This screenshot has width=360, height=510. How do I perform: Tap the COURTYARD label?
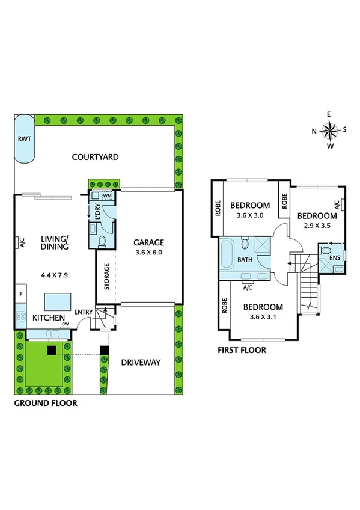pos(95,157)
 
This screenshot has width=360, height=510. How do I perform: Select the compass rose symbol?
pos(329,129)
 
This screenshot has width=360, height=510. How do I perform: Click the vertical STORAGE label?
pos(106,276)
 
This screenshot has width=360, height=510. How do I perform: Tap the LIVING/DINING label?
pos(55,242)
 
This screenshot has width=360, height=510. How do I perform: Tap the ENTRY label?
pos(83,312)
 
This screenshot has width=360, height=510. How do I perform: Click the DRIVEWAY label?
pos(141,362)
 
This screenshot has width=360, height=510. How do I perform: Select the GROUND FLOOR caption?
pos(46,403)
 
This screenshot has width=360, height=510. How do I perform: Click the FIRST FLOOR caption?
pos(242,349)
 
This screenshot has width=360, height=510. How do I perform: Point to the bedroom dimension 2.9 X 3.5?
pos(316,227)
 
